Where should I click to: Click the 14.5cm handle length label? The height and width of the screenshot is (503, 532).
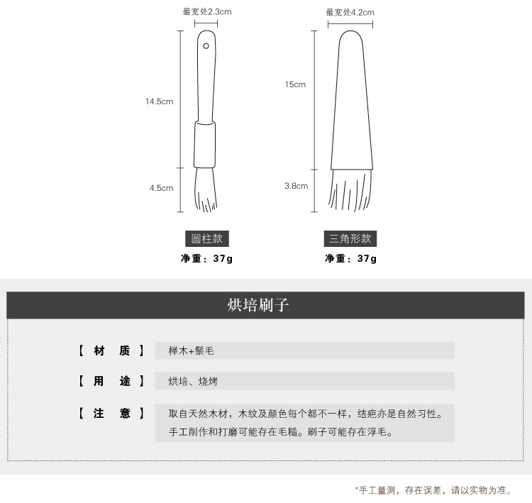(x=160, y=101)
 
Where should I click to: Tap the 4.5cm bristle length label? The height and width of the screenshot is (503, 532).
(x=162, y=188)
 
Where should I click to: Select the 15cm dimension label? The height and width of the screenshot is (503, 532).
(x=295, y=84)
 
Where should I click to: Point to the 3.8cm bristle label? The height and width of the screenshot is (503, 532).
(x=297, y=186)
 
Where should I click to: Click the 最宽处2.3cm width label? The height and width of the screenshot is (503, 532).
(x=207, y=12)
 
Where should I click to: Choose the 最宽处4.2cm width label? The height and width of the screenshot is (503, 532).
(x=350, y=13)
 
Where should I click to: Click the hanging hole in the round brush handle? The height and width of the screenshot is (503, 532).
(x=206, y=46)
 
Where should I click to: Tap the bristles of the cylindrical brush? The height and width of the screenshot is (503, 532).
(x=206, y=190)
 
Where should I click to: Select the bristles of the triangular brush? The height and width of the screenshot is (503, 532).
(x=350, y=190)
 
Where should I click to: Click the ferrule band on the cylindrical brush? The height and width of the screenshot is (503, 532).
(x=204, y=144)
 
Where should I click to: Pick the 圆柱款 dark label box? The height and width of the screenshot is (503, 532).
(x=207, y=238)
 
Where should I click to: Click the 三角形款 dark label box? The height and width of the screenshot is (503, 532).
(x=350, y=238)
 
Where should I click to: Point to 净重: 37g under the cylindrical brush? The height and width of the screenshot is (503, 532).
(x=206, y=259)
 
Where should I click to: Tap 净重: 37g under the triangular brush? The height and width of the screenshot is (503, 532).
(x=350, y=259)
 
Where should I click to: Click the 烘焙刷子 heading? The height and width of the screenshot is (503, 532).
(x=258, y=305)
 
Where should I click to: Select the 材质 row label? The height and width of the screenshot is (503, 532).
(x=111, y=350)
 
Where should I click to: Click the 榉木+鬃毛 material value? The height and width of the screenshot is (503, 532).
(x=191, y=350)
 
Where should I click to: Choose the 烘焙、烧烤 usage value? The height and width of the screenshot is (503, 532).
(x=193, y=381)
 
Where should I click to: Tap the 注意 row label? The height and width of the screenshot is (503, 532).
(x=111, y=414)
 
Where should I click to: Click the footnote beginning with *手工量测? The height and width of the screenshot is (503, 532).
(x=433, y=490)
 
